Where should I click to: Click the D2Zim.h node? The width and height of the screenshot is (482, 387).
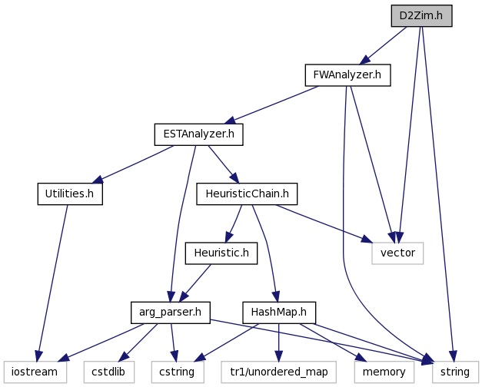421,15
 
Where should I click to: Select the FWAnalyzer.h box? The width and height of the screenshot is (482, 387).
347,75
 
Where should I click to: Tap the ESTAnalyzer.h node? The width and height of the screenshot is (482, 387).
198,134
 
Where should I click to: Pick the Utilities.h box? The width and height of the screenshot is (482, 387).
70,193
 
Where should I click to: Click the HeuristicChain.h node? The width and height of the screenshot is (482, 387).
247,193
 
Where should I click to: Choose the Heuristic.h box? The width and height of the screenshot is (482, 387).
221,253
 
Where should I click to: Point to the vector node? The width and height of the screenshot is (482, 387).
397,253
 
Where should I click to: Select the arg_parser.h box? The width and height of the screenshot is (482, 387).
171,313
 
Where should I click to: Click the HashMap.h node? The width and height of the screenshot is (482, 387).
279,313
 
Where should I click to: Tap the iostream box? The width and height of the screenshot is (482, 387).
35,372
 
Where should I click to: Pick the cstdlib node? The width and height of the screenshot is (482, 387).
109,372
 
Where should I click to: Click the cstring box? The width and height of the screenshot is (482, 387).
178,372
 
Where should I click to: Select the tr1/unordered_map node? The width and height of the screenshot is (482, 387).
278,372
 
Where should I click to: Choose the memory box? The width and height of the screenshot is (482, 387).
384,372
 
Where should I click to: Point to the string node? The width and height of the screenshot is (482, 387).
455,372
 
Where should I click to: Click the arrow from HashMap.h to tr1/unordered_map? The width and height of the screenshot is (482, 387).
278,342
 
